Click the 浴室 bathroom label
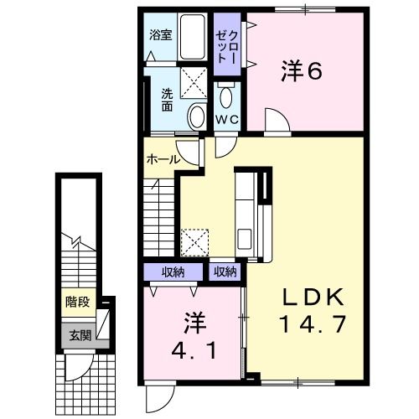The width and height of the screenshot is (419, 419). pyautogui.click(x=161, y=35)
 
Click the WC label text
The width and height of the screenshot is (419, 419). pyautogui.click(x=228, y=120)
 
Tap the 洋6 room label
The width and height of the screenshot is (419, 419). pyautogui.click(x=302, y=73)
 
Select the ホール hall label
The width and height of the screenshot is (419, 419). pyautogui.click(x=161, y=158)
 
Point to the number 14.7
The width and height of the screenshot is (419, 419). pyautogui.click(x=310, y=323)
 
